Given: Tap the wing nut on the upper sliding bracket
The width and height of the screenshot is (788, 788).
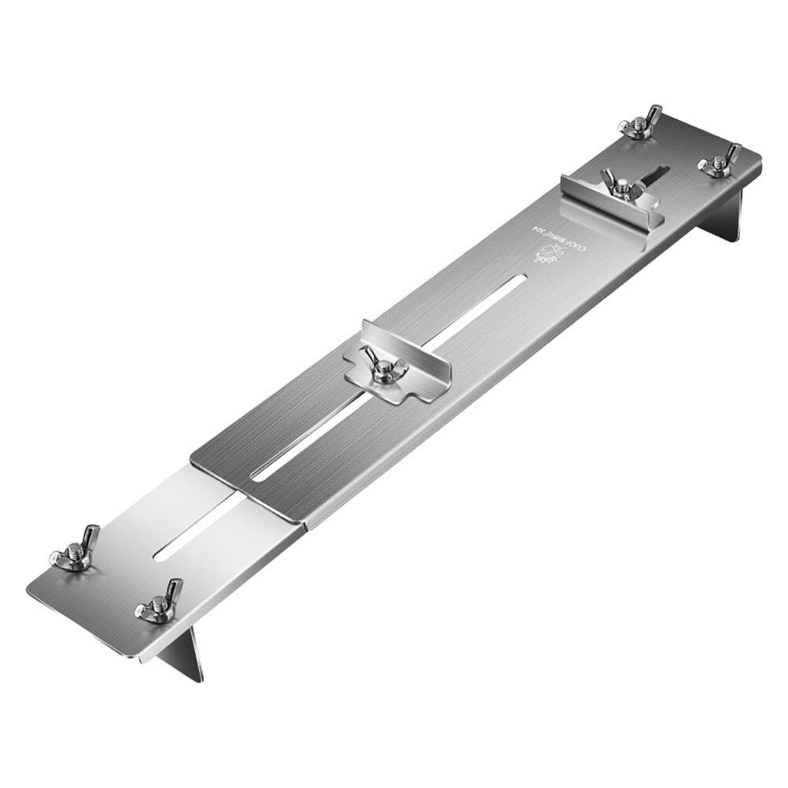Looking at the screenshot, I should (x=622, y=186).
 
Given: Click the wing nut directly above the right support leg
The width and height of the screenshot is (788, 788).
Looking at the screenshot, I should (x=718, y=162).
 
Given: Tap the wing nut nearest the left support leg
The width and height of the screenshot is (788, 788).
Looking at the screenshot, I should (x=160, y=602).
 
